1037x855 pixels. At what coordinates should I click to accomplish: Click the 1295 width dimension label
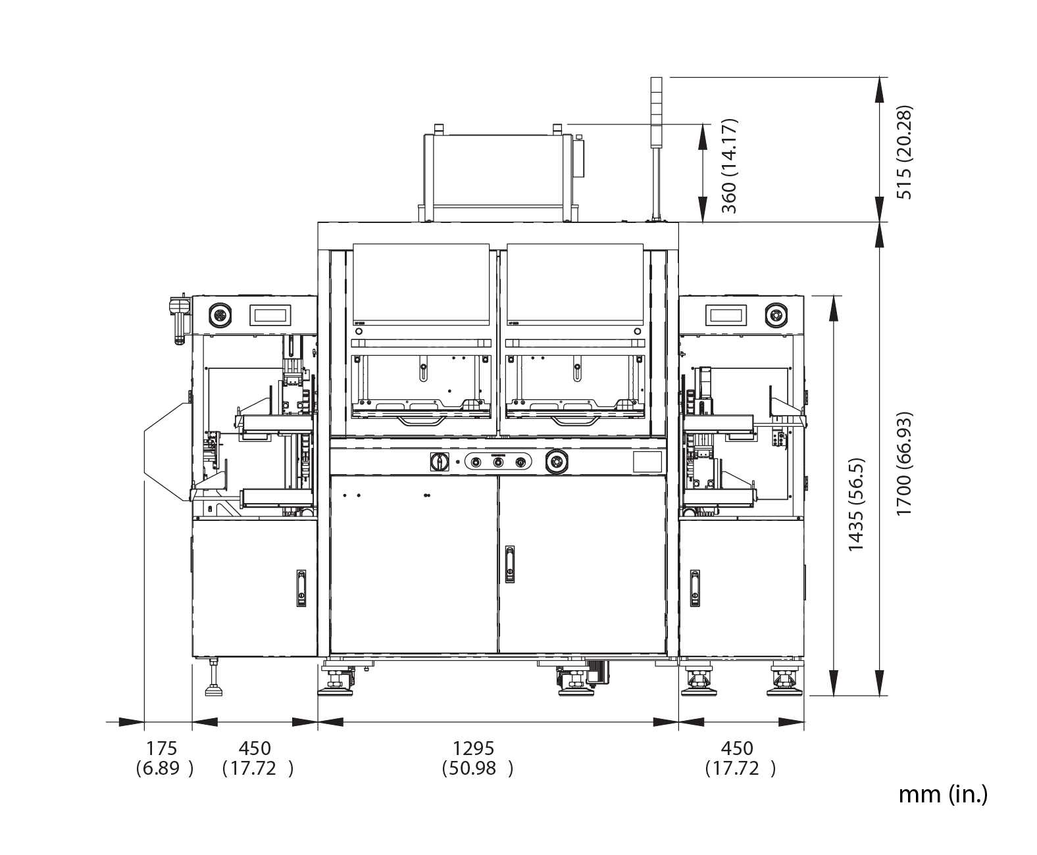pyautogui.click(x=473, y=748)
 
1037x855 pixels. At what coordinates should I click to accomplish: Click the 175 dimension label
pyautogui.click(x=161, y=748)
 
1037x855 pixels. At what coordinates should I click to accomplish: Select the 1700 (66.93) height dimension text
pyautogui.click(x=905, y=464)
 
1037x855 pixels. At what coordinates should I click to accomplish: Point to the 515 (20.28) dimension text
pyautogui.click(x=905, y=152)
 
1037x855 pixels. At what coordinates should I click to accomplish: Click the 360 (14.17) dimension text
pyautogui.click(x=729, y=166)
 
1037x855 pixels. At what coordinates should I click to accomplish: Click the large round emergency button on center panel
pyautogui.click(x=557, y=462)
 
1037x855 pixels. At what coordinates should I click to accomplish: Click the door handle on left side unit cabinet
pyautogui.click(x=301, y=588)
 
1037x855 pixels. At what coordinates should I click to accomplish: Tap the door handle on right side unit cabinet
pyautogui.click(x=695, y=588)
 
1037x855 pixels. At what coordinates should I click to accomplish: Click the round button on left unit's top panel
pyautogui.click(x=219, y=314)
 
